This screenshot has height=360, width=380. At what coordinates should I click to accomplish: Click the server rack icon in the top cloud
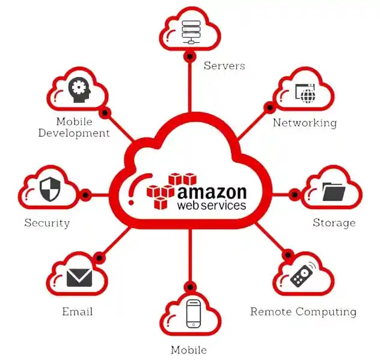[x=190, y=28]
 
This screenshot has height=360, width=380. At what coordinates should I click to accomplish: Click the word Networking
[x=304, y=123]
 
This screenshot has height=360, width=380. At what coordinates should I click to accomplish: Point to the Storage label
[x=334, y=223]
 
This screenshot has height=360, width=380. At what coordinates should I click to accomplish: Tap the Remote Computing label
[x=303, y=312]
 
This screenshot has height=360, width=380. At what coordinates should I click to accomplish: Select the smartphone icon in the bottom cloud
[x=193, y=313]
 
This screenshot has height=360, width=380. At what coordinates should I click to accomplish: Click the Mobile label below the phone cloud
[x=189, y=350]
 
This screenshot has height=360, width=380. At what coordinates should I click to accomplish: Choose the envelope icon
[x=79, y=277]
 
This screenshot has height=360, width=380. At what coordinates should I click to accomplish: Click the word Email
[x=77, y=312]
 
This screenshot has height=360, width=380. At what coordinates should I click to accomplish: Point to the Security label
[x=47, y=223]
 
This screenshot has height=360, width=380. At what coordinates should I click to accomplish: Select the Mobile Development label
[x=74, y=127]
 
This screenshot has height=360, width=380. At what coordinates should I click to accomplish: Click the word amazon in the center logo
[x=211, y=192]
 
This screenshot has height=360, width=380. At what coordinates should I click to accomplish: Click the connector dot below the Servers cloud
[x=190, y=57]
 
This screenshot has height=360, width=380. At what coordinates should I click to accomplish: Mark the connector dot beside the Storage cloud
[x=295, y=195]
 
